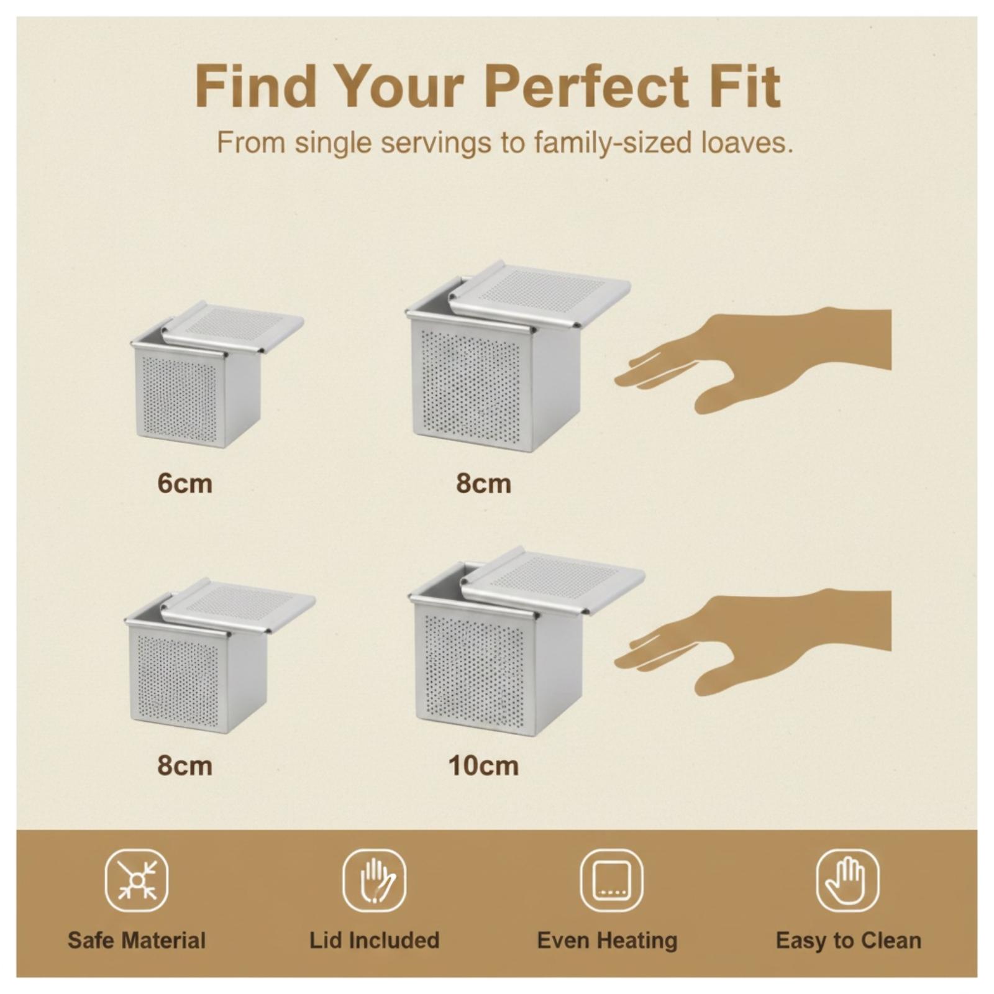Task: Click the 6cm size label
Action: tap(185, 483)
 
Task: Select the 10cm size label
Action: tap(483, 765)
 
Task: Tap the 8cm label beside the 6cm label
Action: tap(483, 483)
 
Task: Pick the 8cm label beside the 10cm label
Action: tap(185, 765)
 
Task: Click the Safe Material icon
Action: tap(137, 880)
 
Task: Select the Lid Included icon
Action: tap(374, 880)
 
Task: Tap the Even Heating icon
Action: tap(611, 880)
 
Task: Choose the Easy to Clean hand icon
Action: tap(847, 880)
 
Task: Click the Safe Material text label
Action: tap(137, 940)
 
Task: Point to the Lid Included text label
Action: tap(375, 940)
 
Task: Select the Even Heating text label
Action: tap(607, 941)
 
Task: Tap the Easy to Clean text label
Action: tap(849, 941)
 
